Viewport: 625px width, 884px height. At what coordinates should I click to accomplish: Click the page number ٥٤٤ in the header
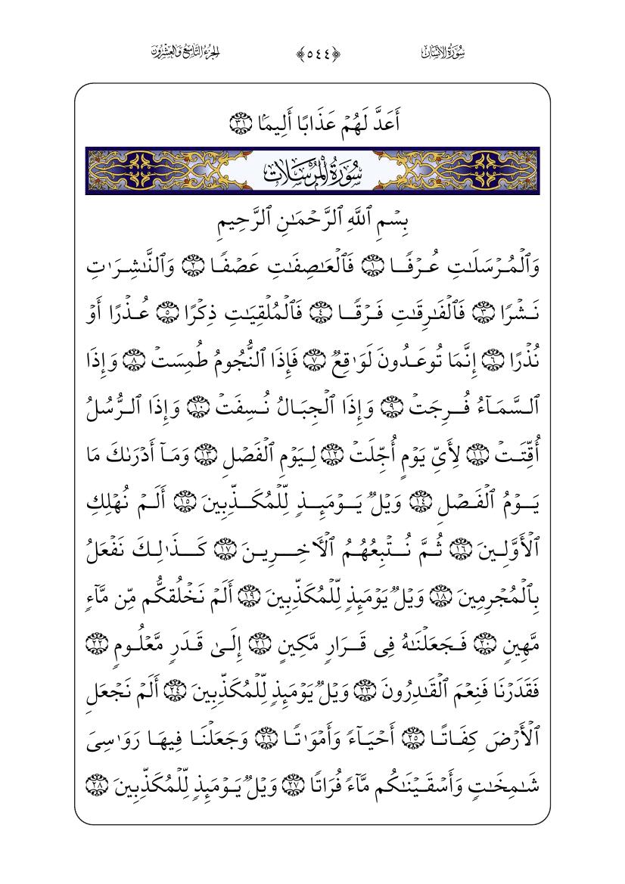(x=312, y=53)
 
